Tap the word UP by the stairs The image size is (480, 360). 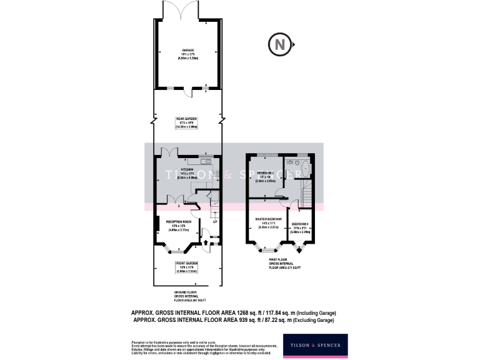[x=215, y=222]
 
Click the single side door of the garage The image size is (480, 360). [x=189, y=92]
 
